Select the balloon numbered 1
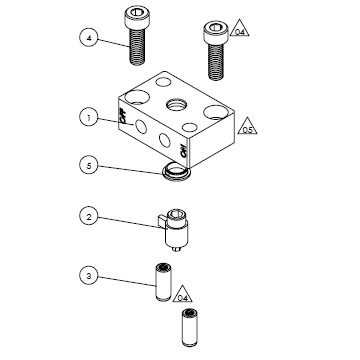click(x=89, y=117)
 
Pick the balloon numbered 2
click(x=89, y=216)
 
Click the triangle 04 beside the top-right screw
click(x=239, y=32)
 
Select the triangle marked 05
click(x=246, y=127)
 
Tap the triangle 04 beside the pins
click(x=183, y=296)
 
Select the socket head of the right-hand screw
click(x=213, y=28)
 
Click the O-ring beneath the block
click(x=175, y=175)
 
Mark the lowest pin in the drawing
click(x=186, y=325)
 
